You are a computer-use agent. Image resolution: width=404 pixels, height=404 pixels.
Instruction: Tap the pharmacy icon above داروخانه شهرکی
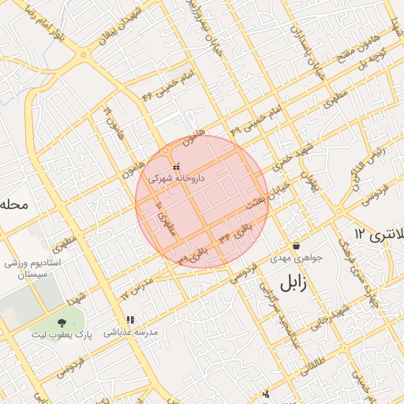[176, 166]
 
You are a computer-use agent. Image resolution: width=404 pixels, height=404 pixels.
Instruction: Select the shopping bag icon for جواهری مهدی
[296, 245]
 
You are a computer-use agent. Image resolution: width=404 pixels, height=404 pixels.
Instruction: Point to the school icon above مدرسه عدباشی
[130, 320]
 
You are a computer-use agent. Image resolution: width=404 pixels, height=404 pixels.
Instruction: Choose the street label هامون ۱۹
[112, 122]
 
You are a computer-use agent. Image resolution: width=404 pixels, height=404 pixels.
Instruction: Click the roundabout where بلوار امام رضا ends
[83, 55]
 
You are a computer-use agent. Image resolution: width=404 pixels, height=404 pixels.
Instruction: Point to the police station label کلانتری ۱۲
[379, 234]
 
